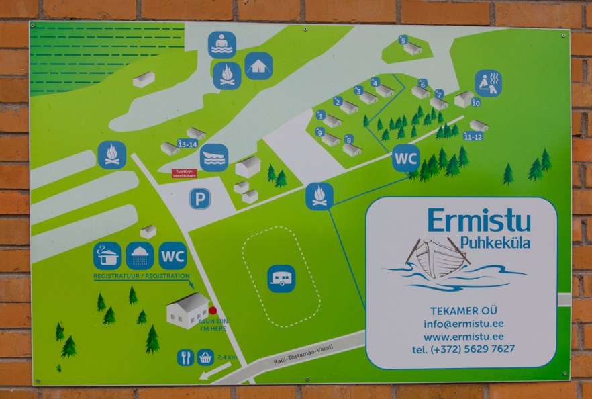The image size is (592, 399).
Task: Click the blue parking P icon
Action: point(199,198)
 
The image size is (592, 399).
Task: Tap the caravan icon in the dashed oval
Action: point(281,278)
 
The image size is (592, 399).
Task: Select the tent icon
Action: point(258,66)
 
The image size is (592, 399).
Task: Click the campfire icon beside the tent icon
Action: point(227,76)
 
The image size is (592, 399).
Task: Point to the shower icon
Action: point(140,256)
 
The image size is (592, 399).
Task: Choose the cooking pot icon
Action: point(107,256)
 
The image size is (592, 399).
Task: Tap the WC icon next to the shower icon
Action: point(172,256)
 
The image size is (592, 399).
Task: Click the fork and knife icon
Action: point(186,357)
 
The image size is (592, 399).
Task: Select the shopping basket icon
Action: point(205,357)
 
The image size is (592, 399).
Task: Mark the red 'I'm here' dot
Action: point(213,310)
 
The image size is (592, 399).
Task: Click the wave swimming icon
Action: point(213,158)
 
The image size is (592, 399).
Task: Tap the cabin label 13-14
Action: point(187,144)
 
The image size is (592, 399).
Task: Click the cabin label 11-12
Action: point(473,137)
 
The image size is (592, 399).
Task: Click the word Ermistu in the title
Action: point(479,220)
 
